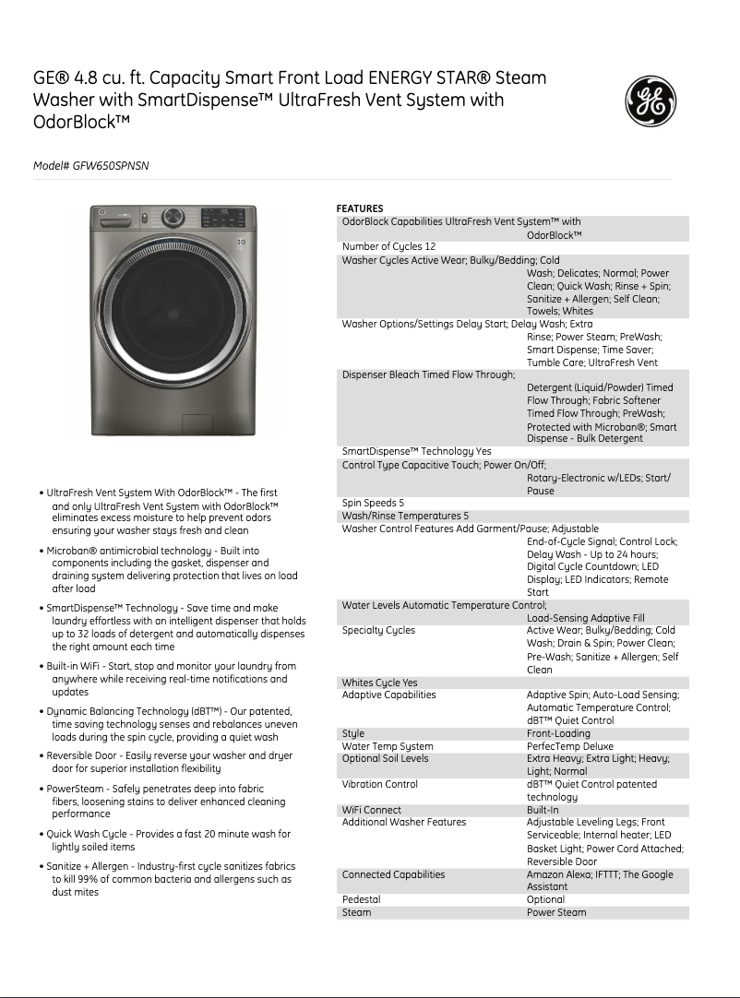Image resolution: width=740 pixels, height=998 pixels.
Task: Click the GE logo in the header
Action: pos(651,101)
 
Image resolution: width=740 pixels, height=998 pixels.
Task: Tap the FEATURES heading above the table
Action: pos(359,208)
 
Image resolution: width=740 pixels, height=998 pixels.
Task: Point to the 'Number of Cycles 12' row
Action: pos(388,247)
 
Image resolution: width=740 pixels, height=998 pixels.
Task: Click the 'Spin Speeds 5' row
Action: pos(373,504)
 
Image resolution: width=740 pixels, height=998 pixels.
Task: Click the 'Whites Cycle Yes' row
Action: pos(379,683)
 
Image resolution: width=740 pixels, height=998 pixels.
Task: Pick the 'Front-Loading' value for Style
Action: pos(558,734)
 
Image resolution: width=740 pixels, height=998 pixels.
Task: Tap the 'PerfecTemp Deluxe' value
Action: pos(569,747)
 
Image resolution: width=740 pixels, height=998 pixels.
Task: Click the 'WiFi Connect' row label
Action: pos(372,811)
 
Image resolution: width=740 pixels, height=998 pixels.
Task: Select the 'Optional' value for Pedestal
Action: pos(545,899)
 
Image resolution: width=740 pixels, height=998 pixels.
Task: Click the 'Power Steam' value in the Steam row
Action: pos(556,912)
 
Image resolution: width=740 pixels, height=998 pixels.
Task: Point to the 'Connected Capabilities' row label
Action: pos(393,874)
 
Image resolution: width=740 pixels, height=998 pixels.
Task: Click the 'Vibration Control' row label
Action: pos(379,785)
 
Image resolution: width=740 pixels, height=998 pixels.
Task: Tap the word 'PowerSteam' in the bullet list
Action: pos(78,789)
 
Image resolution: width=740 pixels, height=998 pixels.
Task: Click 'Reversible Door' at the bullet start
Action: pos(86,755)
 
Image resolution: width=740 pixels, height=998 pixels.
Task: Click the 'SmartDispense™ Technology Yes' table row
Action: pos(416,452)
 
